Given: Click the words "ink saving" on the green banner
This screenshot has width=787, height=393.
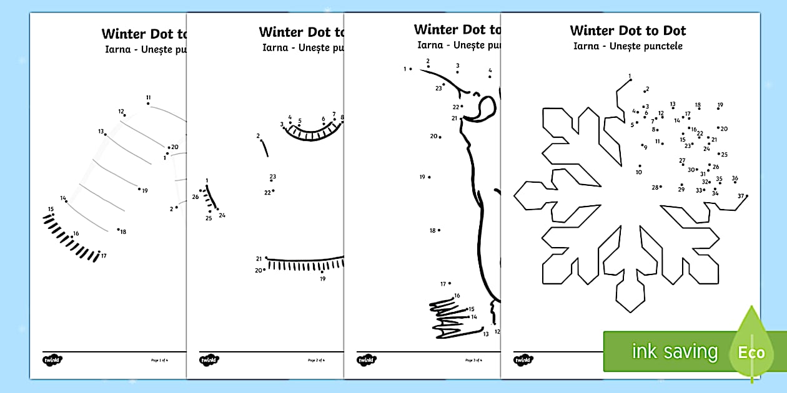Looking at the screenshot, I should pyautogui.click(x=675, y=352).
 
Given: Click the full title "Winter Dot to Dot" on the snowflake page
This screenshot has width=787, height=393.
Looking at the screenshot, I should pyautogui.click(x=628, y=31).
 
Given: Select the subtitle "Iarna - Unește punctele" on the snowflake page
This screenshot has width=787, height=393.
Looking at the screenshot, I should pyautogui.click(x=628, y=46).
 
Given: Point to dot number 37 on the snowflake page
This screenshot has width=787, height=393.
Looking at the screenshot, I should pyautogui.click(x=746, y=196).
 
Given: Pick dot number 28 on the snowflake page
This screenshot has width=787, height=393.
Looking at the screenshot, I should pyautogui.click(x=661, y=187).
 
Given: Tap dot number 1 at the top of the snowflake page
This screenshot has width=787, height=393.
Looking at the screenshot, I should pyautogui.click(x=630, y=80).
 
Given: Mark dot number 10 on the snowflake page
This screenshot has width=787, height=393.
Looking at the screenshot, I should pyautogui.click(x=640, y=166).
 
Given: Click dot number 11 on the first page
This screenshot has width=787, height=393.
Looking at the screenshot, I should pyautogui.click(x=149, y=104).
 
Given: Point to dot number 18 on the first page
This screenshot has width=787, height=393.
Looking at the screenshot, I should pyautogui.click(x=118, y=229).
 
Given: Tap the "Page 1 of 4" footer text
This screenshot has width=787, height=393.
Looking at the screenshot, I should pyautogui.click(x=160, y=360).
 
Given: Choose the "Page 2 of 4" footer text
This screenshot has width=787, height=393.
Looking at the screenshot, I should pyautogui.click(x=317, y=360).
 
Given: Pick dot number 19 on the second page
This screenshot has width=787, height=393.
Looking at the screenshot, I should pyautogui.click(x=322, y=272).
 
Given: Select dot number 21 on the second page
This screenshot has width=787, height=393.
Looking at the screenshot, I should pyautogui.click(x=267, y=258).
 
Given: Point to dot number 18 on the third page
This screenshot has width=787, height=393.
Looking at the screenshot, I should pyautogui.click(x=439, y=230).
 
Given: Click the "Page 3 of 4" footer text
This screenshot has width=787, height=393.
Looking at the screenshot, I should pyautogui.click(x=473, y=360).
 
